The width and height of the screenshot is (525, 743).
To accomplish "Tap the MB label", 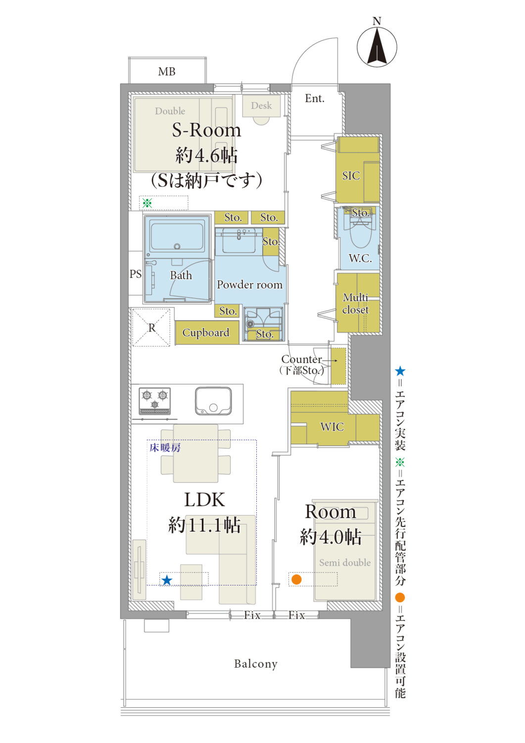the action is pyautogui.click(x=166, y=71).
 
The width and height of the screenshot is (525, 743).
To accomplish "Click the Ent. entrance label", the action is pyautogui.click(x=314, y=99).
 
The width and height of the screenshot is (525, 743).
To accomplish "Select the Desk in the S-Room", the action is pyautogui.click(x=261, y=106).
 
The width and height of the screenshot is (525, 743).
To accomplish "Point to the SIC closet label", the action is pyautogui.click(x=351, y=175).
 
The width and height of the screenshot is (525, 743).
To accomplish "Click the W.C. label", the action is pyautogui.click(x=360, y=258).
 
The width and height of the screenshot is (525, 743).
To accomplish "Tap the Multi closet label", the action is pyautogui.click(x=355, y=303).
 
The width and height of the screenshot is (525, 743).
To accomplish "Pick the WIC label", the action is pyautogui.click(x=332, y=426).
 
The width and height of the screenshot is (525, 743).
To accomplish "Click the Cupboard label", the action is pyautogui.click(x=205, y=332).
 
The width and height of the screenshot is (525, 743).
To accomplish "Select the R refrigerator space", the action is pyautogui.click(x=151, y=328).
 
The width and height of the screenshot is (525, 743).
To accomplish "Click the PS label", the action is pyautogui.click(x=135, y=274).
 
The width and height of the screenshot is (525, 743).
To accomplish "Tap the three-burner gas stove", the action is pyautogui.click(x=155, y=401).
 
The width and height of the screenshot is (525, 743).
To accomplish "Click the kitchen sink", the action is pyautogui.click(x=213, y=401).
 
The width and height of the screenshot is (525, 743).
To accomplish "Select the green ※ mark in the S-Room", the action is pyautogui.click(x=147, y=203).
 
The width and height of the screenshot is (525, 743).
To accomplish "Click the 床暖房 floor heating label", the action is pyautogui.click(x=165, y=448).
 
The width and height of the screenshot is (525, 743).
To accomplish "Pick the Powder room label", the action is pyautogui.click(x=249, y=285).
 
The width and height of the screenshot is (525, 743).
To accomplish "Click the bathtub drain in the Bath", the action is pyautogui.click(x=177, y=247).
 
